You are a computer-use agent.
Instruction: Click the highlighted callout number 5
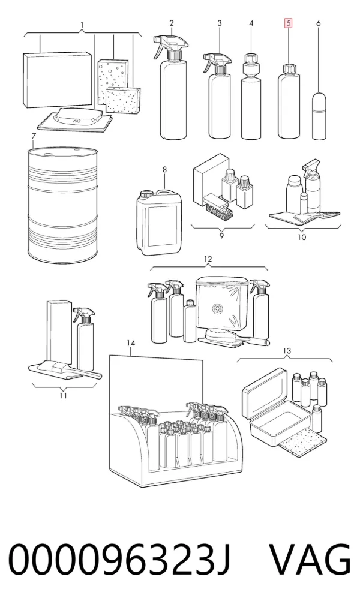tap(289, 23)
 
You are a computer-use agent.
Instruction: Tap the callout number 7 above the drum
tap(34, 136)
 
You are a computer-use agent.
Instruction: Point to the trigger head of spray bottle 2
tap(167, 46)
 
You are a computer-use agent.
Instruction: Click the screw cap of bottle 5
tap(289, 69)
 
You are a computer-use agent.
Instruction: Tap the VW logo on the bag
tap(217, 309)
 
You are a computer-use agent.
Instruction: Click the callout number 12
tap(208, 259)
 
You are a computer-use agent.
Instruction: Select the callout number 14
tap(131, 342)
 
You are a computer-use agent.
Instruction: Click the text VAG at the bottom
tap(310, 560)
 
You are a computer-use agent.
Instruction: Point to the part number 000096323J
tap(119, 560)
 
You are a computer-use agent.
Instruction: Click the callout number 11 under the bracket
tap(63, 396)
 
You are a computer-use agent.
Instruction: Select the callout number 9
tap(221, 235)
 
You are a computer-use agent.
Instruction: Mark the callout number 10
tap(302, 237)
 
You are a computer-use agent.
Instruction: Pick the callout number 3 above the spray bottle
tap(220, 23)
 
